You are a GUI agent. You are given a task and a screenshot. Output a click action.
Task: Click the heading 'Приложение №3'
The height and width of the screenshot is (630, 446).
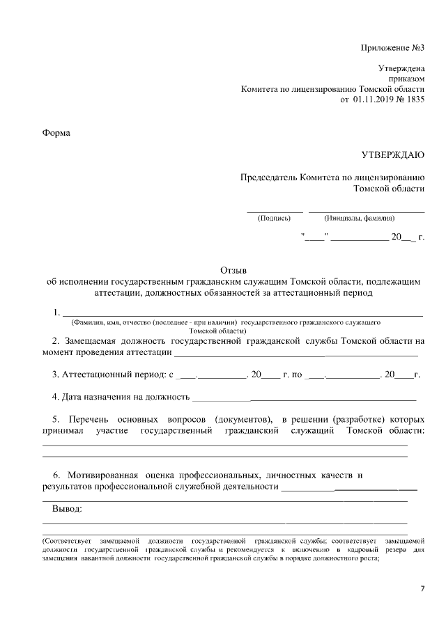click(x=392, y=47)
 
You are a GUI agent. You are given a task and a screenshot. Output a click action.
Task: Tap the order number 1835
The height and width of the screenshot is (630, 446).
click(x=414, y=100)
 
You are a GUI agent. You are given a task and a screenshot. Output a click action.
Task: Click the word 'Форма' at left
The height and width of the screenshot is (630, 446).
click(x=56, y=132)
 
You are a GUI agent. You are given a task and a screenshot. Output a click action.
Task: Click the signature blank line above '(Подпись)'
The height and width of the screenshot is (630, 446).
click(x=275, y=210)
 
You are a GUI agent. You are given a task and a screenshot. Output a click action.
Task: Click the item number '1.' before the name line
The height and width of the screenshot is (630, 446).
click(x=56, y=312)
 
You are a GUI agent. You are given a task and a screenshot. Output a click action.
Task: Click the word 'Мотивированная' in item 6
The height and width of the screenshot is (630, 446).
click(x=101, y=475)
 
